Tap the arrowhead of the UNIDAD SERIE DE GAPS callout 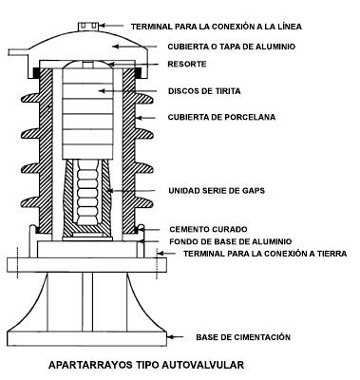(112, 190)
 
